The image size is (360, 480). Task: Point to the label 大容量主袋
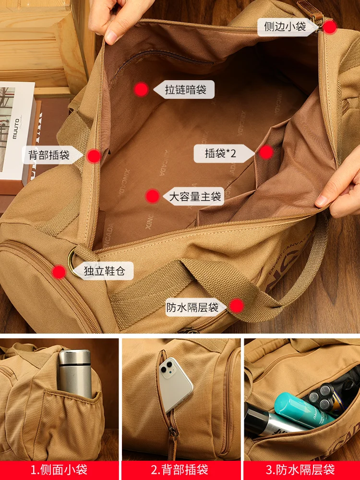coord(196,196)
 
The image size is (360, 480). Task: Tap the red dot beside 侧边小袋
coord(329,27)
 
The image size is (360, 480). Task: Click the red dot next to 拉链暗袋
coord(141,89)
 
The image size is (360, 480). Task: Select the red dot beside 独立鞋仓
coord(59,272)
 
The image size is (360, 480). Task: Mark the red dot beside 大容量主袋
coord(153,196)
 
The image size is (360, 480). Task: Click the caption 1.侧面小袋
coord(59,469)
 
